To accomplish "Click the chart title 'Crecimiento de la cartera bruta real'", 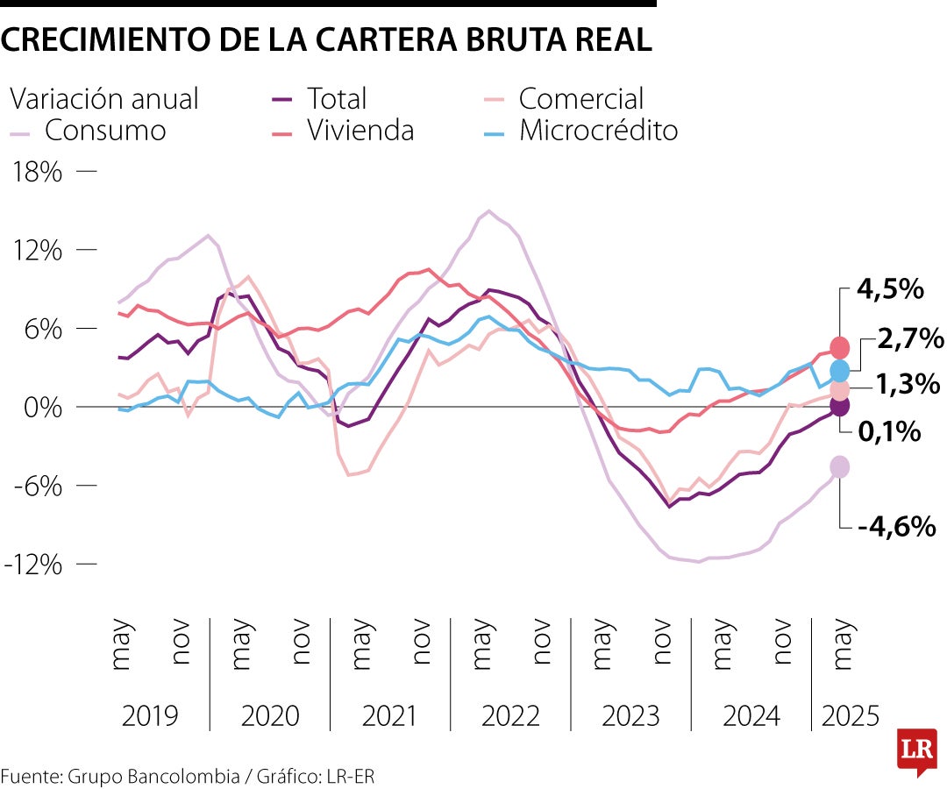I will click(x=326, y=40).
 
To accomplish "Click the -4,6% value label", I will click(x=897, y=527).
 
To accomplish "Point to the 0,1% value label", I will click(x=888, y=431).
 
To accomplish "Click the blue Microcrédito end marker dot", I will click(x=839, y=370).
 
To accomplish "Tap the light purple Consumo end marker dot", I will click(x=839, y=467).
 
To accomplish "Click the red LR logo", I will click(x=916, y=750).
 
